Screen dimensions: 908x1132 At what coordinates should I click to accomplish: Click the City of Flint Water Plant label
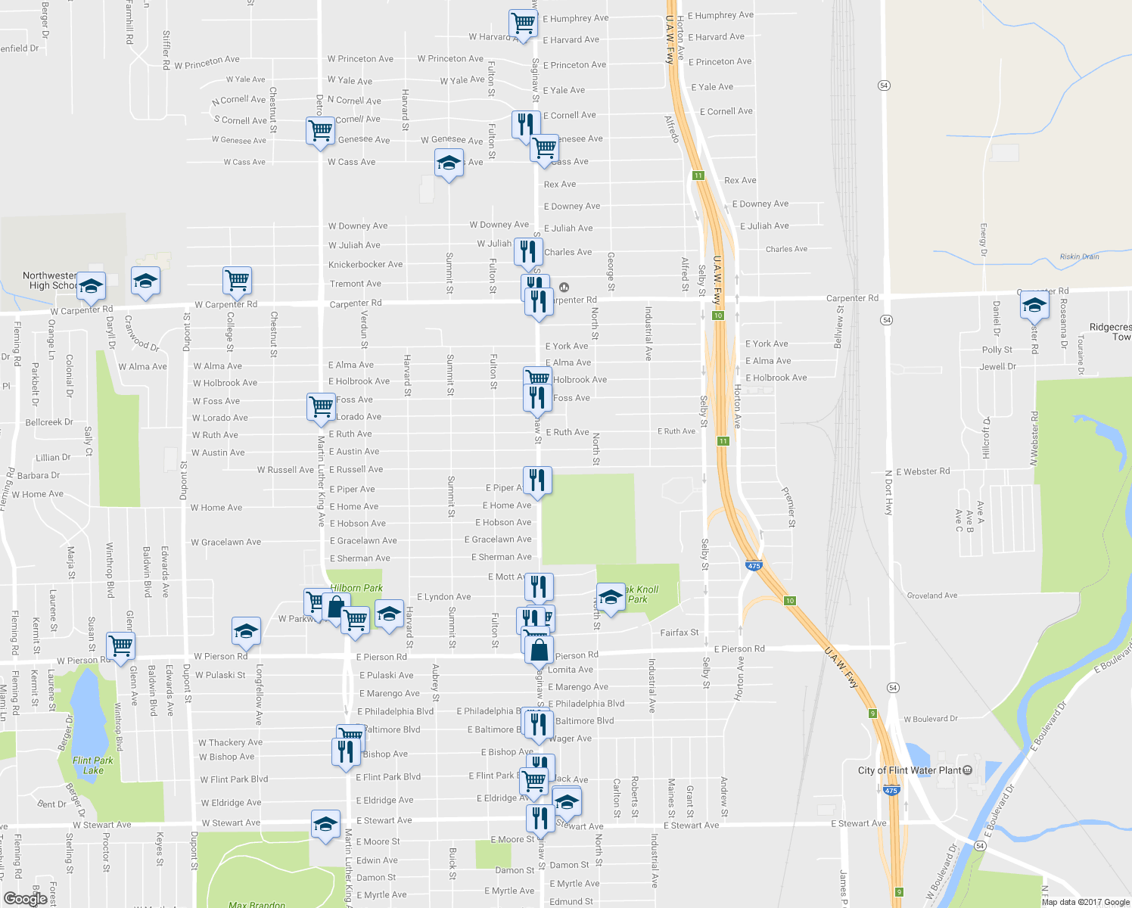(x=910, y=770)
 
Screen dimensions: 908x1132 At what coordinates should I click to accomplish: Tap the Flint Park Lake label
(x=93, y=765)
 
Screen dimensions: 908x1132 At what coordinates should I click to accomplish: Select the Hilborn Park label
(x=356, y=588)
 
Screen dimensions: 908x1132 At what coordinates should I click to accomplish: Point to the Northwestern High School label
(x=50, y=280)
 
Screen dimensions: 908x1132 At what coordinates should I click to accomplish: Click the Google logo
(x=25, y=898)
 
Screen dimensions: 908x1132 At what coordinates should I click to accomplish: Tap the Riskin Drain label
(x=1079, y=257)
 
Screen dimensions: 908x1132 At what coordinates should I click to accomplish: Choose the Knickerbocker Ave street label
(x=365, y=265)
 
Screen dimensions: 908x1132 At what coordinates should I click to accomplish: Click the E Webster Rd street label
(x=922, y=471)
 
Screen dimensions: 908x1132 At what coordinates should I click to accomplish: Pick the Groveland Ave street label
(x=932, y=595)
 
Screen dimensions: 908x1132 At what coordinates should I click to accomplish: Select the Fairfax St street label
(x=680, y=633)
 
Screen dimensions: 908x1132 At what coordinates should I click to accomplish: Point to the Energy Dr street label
(x=984, y=238)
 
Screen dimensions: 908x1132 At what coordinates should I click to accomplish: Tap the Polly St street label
(x=997, y=350)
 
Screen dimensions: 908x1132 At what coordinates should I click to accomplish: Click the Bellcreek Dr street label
(x=49, y=422)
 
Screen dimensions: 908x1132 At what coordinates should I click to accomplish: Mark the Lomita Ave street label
(x=571, y=670)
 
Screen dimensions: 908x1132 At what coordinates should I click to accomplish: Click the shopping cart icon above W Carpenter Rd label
(x=238, y=280)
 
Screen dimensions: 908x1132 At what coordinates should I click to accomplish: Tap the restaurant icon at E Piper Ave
(x=537, y=480)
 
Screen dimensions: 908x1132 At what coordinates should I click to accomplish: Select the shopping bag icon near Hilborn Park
(x=335, y=607)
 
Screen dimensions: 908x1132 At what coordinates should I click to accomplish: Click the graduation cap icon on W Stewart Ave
(x=325, y=823)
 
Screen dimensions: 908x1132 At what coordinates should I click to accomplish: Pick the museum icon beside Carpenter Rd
(x=564, y=288)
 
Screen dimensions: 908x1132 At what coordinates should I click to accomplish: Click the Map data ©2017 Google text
(x=1085, y=901)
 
